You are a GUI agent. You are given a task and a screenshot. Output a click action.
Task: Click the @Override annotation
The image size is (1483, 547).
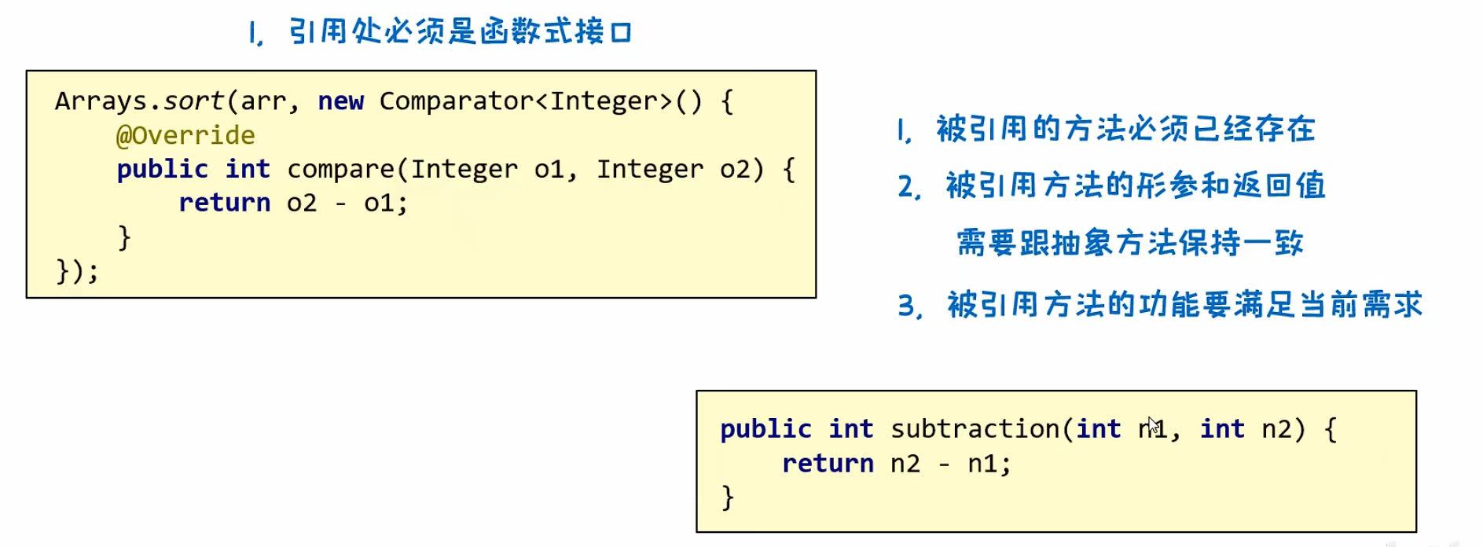tap(185, 136)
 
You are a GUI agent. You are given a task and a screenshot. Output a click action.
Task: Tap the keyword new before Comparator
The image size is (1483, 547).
tap(340, 101)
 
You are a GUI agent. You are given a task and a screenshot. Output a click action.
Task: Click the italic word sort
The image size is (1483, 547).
tap(193, 101)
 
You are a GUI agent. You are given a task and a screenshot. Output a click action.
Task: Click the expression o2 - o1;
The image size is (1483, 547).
tap(347, 204)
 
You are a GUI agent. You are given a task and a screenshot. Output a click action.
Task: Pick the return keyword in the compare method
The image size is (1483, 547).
tap(224, 204)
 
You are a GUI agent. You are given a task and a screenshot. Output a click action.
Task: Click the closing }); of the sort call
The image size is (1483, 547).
tap(77, 272)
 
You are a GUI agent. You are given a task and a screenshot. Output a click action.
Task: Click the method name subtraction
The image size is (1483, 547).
tap(974, 429)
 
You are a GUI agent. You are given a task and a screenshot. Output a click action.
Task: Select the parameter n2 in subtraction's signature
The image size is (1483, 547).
tap(1277, 429)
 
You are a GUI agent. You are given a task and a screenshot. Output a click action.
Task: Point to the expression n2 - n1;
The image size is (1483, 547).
tap(950, 464)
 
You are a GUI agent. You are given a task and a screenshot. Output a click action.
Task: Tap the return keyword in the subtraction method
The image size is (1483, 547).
tap(827, 464)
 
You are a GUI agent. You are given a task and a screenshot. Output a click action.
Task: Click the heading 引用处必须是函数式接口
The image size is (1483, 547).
tap(461, 33)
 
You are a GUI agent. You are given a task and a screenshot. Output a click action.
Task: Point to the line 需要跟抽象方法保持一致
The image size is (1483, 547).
tap(1130, 243)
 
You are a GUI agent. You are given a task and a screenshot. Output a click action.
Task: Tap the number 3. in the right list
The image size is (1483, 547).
tap(909, 306)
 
